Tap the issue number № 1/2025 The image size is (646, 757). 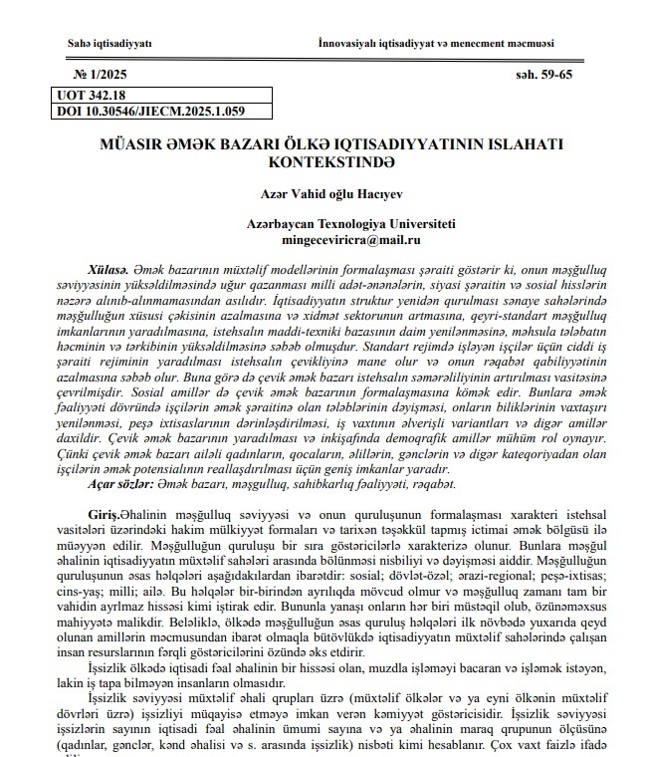(101, 77)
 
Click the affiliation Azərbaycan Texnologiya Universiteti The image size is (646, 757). (338, 225)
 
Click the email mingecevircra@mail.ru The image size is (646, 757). (338, 240)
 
